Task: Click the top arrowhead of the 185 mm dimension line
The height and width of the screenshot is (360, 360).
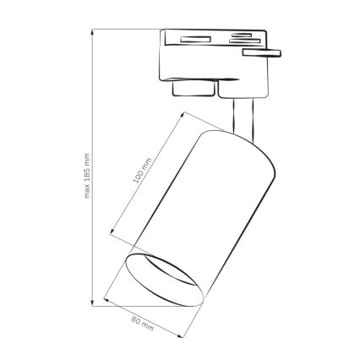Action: [x=94, y=31]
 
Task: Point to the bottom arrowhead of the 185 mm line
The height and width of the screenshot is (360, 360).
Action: [x=94, y=301]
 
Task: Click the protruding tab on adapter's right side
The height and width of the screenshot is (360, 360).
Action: [x=259, y=52]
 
